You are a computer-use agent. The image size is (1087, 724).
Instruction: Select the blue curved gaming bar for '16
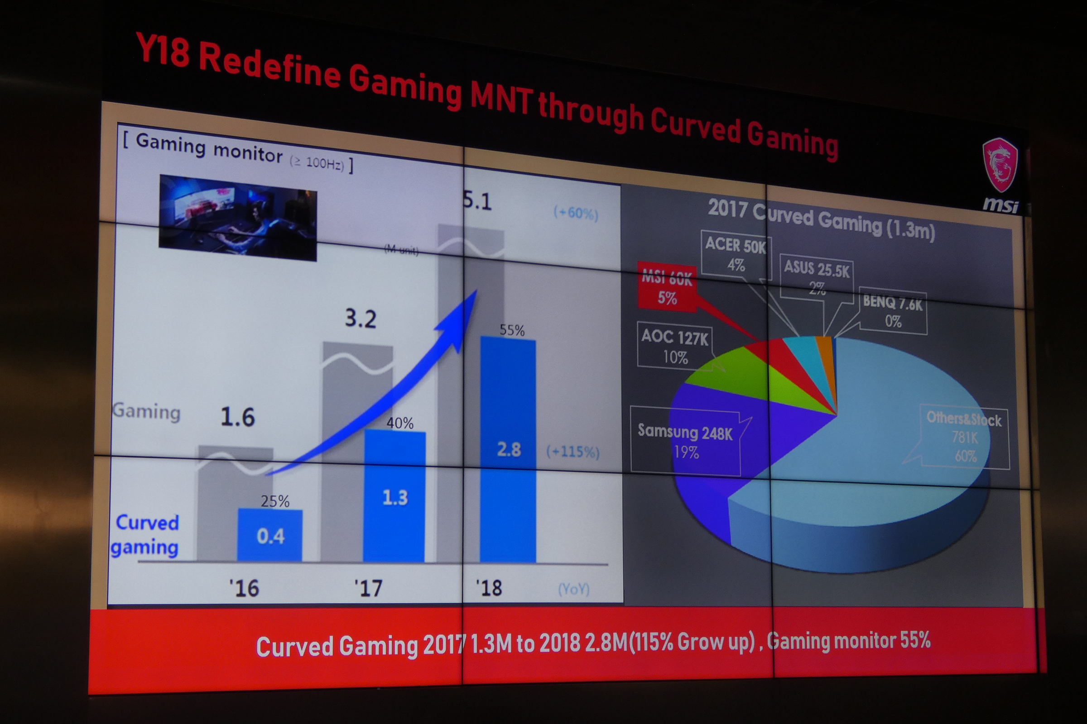tap(270, 536)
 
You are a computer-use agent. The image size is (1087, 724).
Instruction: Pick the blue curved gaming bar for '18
tap(508, 450)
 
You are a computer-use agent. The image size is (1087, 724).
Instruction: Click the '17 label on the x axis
tap(368, 588)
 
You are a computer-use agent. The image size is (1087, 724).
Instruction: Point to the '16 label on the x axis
tap(244, 588)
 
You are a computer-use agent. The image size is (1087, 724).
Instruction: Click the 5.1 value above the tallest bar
tap(477, 202)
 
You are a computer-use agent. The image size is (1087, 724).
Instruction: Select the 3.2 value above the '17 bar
tap(361, 319)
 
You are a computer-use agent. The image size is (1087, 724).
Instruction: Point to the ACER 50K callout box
tap(736, 254)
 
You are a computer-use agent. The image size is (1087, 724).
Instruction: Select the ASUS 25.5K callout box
tap(817, 277)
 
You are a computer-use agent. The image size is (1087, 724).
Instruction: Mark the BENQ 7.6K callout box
tap(892, 312)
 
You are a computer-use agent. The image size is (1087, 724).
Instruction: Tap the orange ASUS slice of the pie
tap(824, 351)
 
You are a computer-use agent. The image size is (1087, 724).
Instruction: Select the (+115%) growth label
tap(572, 452)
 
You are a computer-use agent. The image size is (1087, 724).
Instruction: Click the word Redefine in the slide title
tap(270, 67)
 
